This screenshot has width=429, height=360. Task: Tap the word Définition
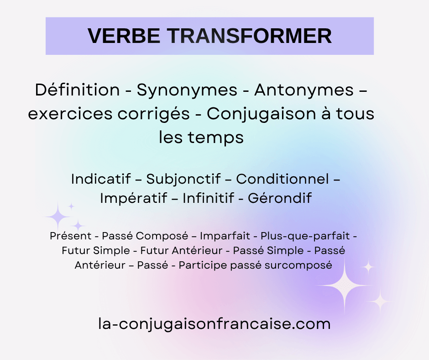77,90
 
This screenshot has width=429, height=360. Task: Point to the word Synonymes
187,90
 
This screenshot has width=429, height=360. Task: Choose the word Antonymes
304,90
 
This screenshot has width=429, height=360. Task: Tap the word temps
221,138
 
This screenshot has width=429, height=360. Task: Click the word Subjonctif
183,179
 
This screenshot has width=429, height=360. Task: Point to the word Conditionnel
283,179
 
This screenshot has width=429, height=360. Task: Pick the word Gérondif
279,198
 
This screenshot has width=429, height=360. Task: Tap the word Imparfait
225,236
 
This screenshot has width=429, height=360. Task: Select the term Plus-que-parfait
305,236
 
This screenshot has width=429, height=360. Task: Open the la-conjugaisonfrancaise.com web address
214,324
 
